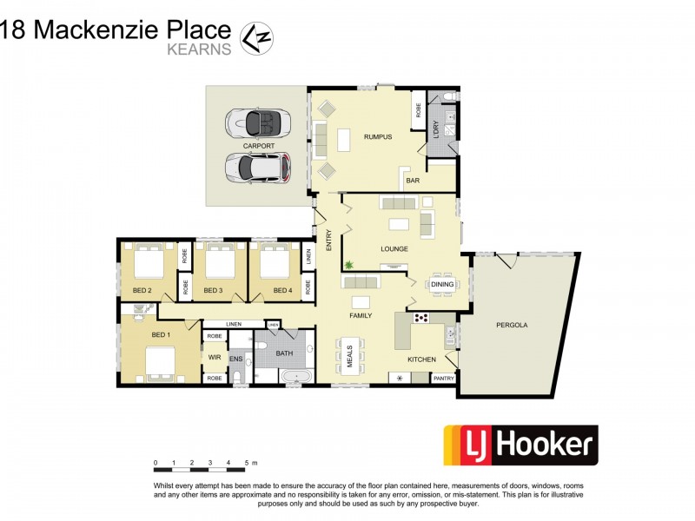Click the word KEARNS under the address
(200, 49)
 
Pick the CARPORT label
(259, 146)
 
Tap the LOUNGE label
(394, 249)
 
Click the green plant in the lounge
(348, 264)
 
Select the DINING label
(442, 284)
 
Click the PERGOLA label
(513, 325)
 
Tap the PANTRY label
(443, 378)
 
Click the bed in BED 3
(216, 261)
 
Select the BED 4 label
(282, 290)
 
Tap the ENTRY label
(329, 241)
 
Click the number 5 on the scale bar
(247, 462)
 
